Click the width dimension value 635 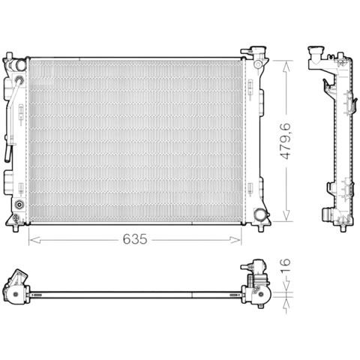[x=135, y=239]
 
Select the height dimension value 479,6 [x=285, y=141]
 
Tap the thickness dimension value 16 [x=285, y=262]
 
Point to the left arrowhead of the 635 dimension [x=34, y=240]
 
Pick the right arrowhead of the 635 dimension [x=235, y=240]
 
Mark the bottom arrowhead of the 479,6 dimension [x=286, y=215]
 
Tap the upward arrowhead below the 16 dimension [x=286, y=304]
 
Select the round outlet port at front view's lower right [x=259, y=214]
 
